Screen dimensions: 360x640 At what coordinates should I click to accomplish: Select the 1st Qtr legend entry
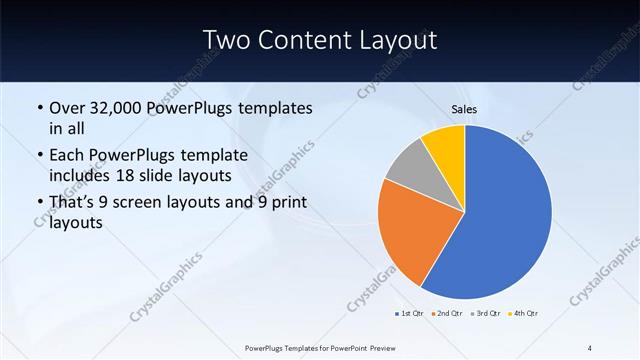(409, 314)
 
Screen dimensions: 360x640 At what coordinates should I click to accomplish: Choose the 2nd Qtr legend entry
(446, 314)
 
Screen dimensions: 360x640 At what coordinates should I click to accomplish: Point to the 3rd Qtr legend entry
(484, 314)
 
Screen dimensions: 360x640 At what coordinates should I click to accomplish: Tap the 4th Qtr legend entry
(522, 314)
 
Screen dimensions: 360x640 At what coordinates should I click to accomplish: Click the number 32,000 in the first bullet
(113, 108)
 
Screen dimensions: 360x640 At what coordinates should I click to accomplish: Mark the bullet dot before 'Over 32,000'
(39, 108)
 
